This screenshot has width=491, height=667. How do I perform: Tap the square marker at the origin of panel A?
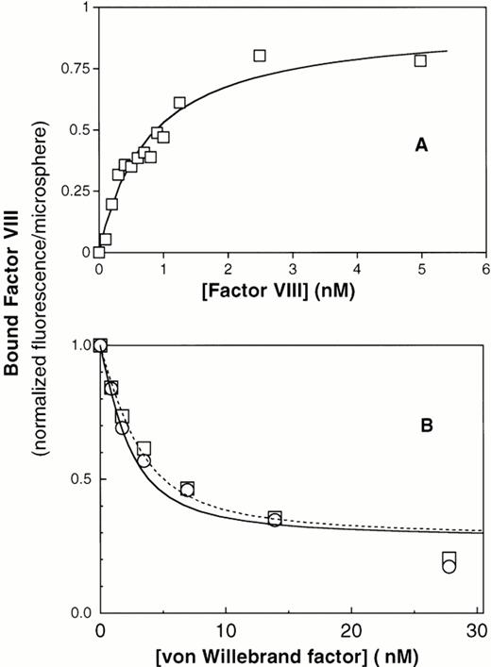point(99,252)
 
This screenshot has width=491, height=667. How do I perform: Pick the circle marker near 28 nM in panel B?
point(449,567)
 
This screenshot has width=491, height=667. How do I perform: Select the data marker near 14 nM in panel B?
point(275,519)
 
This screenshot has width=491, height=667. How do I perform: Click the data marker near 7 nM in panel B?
point(188,489)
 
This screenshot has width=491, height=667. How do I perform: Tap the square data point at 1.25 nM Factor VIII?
point(179,102)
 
